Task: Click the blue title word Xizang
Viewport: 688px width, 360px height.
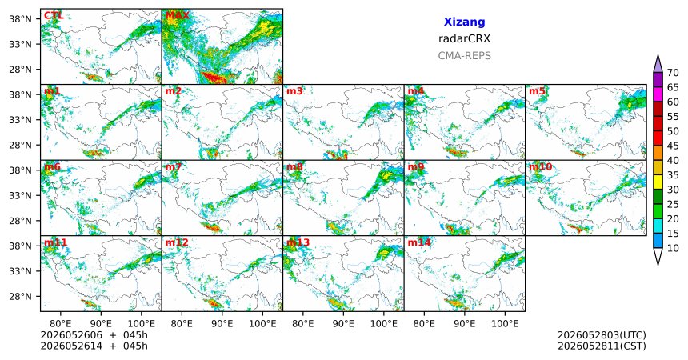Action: coord(464,22)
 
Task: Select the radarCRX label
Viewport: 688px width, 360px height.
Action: coord(464,38)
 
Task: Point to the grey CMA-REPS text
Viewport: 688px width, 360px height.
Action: coord(464,56)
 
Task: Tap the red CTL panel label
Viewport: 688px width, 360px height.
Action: coord(54,16)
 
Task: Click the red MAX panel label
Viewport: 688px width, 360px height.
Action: coord(178,16)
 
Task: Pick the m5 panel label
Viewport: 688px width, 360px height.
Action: coord(537,91)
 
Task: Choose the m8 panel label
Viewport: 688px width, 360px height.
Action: coord(294,167)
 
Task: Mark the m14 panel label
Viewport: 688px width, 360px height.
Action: coord(419,242)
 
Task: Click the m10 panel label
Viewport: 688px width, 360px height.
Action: coord(540,167)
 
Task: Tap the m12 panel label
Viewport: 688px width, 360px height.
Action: coord(177,242)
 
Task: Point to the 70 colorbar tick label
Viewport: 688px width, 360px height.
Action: coord(673,73)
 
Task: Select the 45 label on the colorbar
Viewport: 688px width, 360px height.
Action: coord(673,146)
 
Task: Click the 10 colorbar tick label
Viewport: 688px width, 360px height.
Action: coord(673,248)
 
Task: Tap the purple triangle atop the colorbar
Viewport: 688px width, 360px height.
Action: coord(658,64)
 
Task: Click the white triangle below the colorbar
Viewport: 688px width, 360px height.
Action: coord(658,255)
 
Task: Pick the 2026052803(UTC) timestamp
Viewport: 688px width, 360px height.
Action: coord(602,335)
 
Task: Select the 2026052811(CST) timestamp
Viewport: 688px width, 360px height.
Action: coord(602,346)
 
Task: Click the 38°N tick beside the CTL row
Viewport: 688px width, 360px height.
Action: coord(20,19)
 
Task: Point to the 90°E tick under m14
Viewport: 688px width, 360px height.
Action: coord(465,324)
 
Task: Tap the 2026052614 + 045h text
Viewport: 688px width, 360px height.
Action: coord(94,346)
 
